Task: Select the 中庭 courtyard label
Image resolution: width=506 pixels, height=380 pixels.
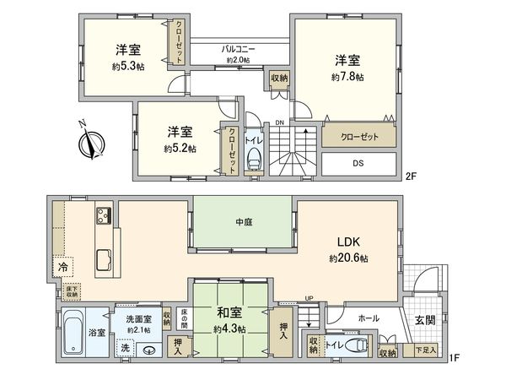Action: pyautogui.click(x=244, y=223)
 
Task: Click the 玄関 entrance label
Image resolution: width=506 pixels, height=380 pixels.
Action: pyautogui.click(x=423, y=320)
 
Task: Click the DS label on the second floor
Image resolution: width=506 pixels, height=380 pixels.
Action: pyautogui.click(x=358, y=162)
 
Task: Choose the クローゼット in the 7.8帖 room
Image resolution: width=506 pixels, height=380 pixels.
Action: pyautogui.click(x=358, y=137)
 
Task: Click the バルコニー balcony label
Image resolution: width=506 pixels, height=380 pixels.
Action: pyautogui.click(x=240, y=48)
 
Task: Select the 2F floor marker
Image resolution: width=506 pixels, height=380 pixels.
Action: pyautogui.click(x=411, y=176)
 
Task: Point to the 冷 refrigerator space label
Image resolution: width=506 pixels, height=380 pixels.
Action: pyautogui.click(x=62, y=267)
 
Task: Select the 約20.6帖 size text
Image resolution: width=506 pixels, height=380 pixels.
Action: pyautogui.click(x=347, y=258)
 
